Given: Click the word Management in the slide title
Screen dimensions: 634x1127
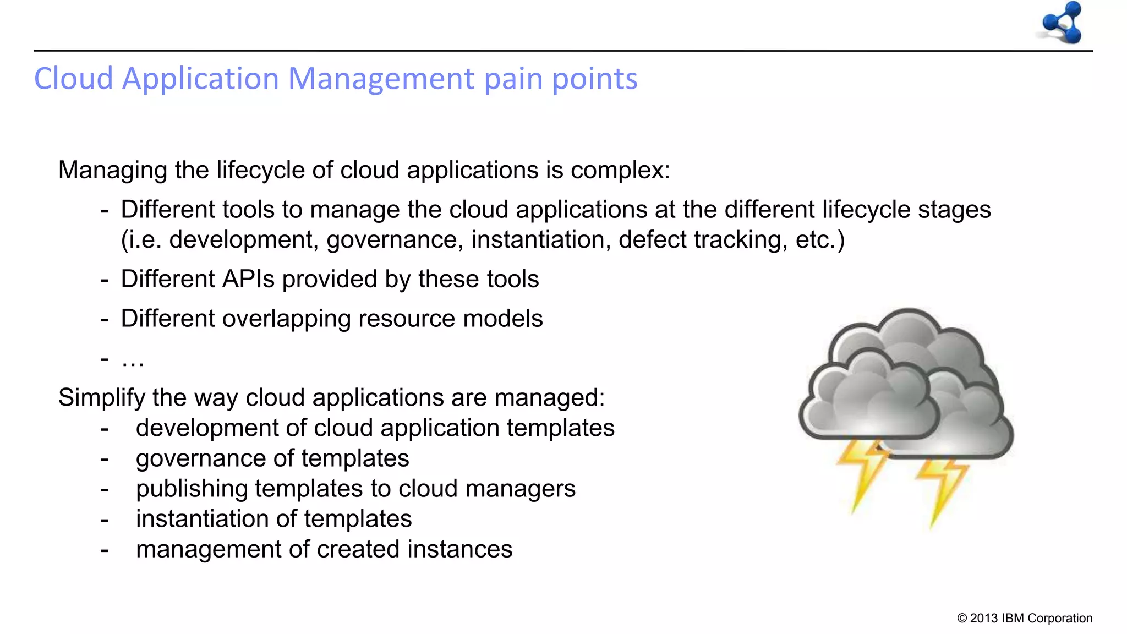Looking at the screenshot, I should point(381,78).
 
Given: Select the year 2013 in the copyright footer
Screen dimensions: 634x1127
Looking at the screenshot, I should point(984,619).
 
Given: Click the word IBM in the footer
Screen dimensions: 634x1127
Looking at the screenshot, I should point(1013,619).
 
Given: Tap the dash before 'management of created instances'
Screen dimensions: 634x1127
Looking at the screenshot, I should point(105,549).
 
